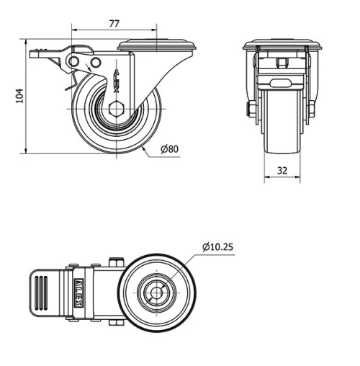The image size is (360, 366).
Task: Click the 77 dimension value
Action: (x=114, y=23)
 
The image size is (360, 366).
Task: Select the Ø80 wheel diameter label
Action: (x=170, y=149)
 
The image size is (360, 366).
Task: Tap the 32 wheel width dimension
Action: (x=282, y=171)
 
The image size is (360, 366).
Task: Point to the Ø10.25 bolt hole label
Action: (x=217, y=247)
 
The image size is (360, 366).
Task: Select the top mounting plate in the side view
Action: (x=157, y=45)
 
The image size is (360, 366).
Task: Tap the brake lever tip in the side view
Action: (x=35, y=53)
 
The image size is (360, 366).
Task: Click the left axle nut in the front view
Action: (x=251, y=110)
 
